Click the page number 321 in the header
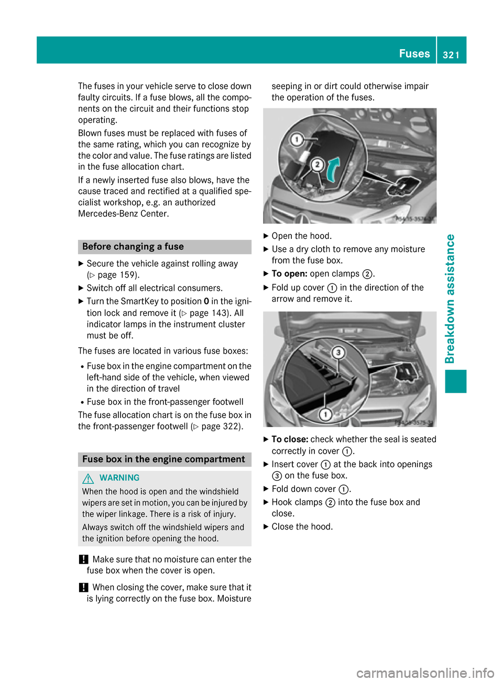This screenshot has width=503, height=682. pyautogui.click(x=451, y=54)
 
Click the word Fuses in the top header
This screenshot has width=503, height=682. pyautogui.click(x=414, y=53)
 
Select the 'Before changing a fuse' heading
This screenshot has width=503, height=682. pyautogui.click(x=133, y=247)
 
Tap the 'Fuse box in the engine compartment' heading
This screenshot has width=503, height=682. pyautogui.click(x=163, y=459)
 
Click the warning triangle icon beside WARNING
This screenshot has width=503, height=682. pyautogui.click(x=88, y=478)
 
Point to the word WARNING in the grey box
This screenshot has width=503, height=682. pyautogui.click(x=119, y=478)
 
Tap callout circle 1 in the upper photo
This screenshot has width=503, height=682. pyautogui.click(x=297, y=139)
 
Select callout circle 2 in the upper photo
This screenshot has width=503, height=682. pyautogui.click(x=317, y=164)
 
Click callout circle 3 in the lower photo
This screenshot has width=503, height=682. pyautogui.click(x=338, y=353)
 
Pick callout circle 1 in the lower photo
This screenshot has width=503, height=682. pyautogui.click(x=325, y=414)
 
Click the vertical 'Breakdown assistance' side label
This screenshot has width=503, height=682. pyautogui.click(x=450, y=299)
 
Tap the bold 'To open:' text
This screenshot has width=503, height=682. pyautogui.click(x=289, y=274)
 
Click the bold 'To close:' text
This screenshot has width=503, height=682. pyautogui.click(x=290, y=439)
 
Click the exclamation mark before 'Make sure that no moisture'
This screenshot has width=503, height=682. pyautogui.click(x=82, y=559)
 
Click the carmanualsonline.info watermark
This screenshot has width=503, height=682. pyautogui.click(x=425, y=673)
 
